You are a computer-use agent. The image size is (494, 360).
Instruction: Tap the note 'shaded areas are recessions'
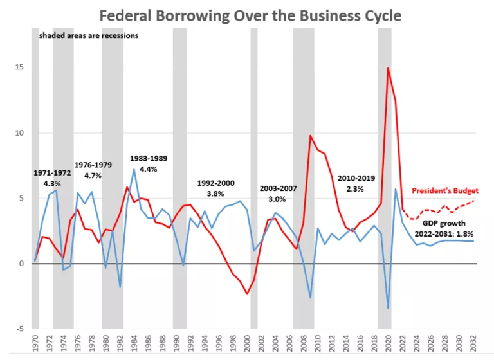coord(88,35)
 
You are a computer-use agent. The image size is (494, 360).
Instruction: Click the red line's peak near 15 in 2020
coord(388,68)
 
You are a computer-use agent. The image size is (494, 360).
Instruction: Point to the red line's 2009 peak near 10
coord(310,136)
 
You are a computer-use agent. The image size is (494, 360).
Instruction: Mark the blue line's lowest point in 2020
coord(388,308)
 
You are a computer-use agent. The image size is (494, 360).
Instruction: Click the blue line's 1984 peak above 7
coord(134,169)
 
